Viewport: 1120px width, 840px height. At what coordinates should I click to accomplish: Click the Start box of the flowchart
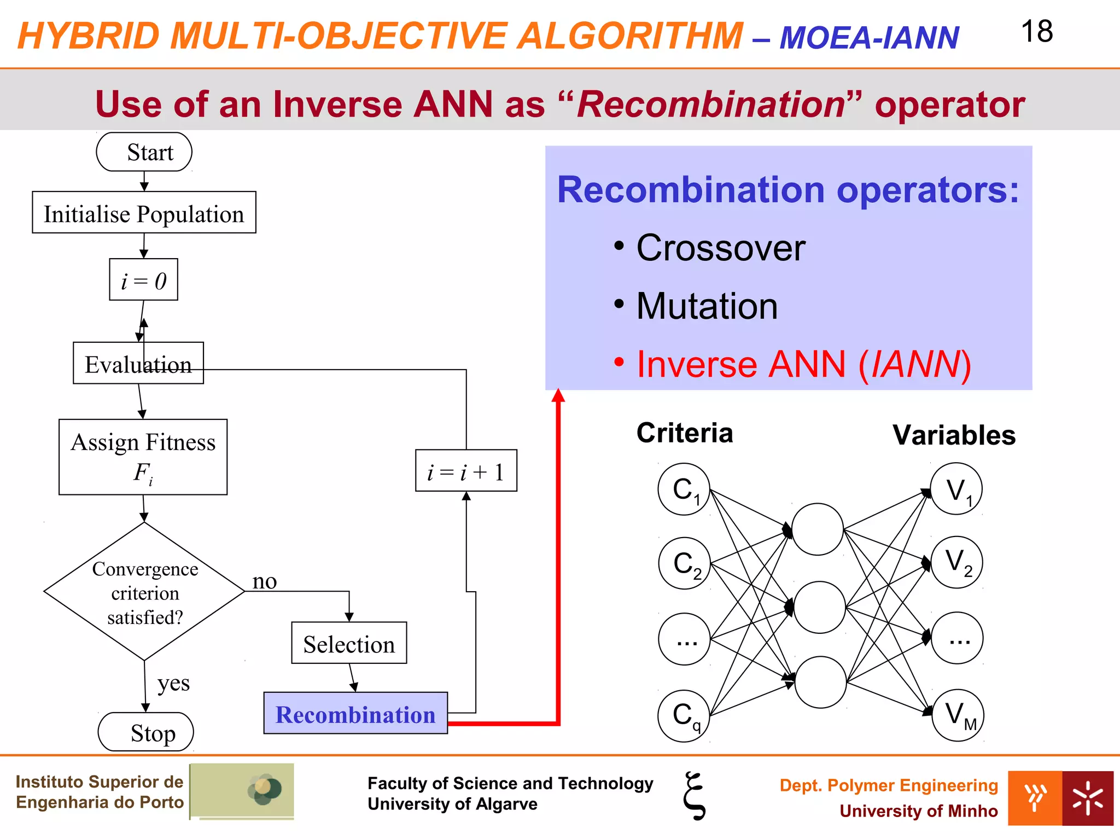[144, 152]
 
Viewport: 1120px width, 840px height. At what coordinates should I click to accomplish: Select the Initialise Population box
[144, 213]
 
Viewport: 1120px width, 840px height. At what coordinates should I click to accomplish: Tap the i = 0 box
[143, 280]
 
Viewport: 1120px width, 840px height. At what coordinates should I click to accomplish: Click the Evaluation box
[138, 363]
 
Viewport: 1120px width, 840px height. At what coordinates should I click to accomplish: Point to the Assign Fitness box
[143, 457]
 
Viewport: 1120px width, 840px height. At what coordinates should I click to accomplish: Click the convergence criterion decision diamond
[144, 592]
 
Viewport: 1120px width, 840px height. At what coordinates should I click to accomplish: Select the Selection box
[349, 643]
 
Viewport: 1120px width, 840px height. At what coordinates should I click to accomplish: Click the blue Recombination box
[355, 713]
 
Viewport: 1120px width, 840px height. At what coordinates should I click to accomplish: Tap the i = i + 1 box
[466, 471]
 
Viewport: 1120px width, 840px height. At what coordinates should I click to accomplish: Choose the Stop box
[145, 732]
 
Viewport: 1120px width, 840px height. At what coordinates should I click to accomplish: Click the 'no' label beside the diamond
[264, 581]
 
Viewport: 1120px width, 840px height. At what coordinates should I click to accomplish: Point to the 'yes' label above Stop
[173, 683]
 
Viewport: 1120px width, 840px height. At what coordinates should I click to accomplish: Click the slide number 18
[1036, 32]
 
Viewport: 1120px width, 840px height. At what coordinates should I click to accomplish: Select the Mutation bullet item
[706, 306]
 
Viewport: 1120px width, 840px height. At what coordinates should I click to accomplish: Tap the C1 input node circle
[684, 489]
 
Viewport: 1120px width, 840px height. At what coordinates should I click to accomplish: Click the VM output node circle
[957, 715]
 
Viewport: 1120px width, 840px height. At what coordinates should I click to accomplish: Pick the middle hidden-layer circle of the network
[819, 607]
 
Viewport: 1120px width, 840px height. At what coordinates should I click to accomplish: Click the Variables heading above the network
[954, 435]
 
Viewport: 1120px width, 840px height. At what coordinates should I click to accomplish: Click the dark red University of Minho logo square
[1088, 798]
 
